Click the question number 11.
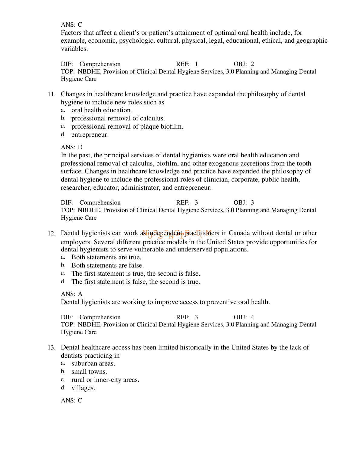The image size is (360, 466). click(51, 94)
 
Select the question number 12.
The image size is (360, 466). click(51, 234)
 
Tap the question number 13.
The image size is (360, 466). click(51, 348)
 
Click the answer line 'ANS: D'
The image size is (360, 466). click(72, 147)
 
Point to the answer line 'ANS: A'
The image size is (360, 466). click(72, 294)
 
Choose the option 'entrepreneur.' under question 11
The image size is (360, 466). click(90, 135)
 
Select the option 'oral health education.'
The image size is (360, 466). click(102, 110)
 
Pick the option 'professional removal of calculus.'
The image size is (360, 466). click(118, 118)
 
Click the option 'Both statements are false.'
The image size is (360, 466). click(107, 265)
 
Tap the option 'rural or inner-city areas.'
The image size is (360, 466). click(105, 380)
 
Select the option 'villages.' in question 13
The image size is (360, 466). click(83, 388)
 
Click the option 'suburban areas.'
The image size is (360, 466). click(93, 363)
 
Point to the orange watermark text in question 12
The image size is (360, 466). click(177, 234)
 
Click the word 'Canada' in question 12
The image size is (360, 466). click(239, 233)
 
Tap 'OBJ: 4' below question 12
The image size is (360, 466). click(244, 317)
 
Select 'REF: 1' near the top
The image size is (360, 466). click(187, 64)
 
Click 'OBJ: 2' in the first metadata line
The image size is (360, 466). click(244, 64)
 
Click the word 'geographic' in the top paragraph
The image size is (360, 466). click(312, 41)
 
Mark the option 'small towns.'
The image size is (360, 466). click(89, 372)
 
